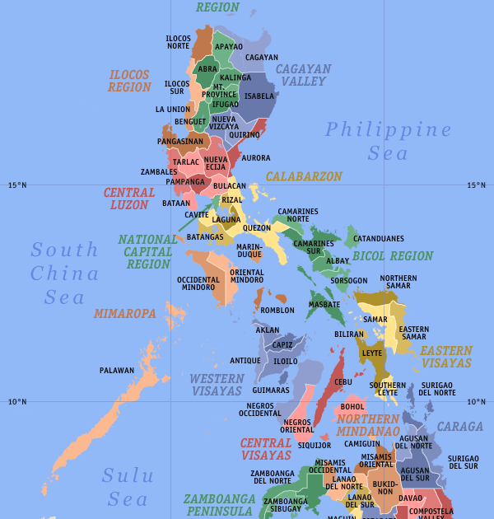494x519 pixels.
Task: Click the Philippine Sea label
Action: click(x=388, y=141)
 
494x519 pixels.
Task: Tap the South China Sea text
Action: click(x=65, y=274)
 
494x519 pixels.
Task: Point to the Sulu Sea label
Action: click(x=126, y=487)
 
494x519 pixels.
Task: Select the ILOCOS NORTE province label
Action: click(x=178, y=42)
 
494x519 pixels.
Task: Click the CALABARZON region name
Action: click(x=303, y=176)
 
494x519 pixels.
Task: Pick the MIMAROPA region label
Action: click(x=124, y=314)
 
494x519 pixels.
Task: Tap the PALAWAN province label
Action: click(x=117, y=371)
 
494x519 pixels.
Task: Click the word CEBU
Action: click(x=343, y=382)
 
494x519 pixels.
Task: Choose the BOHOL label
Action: click(x=352, y=406)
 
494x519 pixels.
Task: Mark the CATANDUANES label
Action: click(x=379, y=239)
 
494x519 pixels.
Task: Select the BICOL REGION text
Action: click(x=393, y=256)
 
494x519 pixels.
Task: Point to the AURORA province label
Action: click(x=256, y=158)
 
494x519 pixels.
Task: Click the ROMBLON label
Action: click(x=277, y=311)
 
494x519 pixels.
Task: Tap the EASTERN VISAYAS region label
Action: click(x=446, y=357)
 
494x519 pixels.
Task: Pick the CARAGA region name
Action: click(x=459, y=426)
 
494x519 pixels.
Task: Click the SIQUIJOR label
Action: click(x=314, y=445)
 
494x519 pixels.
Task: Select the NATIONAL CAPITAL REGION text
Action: click(x=148, y=252)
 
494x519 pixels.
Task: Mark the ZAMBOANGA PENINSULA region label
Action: click(x=219, y=505)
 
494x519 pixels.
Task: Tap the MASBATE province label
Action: click(x=324, y=305)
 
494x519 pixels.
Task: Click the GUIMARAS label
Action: click(x=271, y=390)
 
